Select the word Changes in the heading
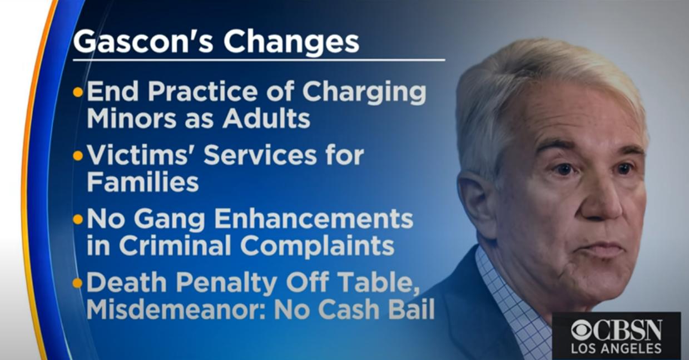[291, 43]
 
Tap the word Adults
[266, 118]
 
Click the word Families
[143, 182]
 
